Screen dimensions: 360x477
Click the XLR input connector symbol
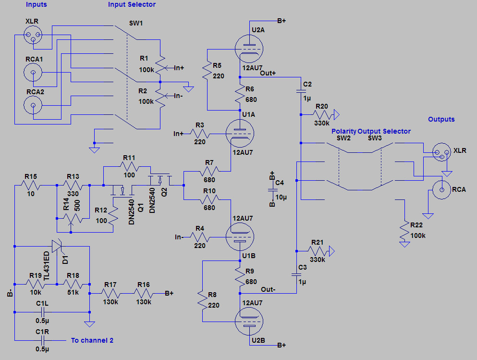point(33,34)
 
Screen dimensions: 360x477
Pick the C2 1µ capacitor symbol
point(301,91)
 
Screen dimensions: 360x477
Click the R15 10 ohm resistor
point(30,185)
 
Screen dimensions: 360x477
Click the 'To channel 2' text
point(92,340)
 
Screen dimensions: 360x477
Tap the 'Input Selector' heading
point(132,5)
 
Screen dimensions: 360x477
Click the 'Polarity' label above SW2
point(343,131)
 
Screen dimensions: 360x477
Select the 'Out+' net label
point(268,73)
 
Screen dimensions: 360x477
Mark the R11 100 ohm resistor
point(128,166)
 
